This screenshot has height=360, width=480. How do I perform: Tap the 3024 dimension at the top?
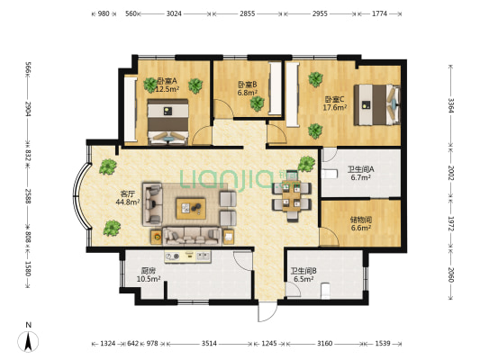174,13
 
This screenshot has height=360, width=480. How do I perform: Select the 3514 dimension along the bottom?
209,344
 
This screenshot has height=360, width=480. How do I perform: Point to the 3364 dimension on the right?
450,105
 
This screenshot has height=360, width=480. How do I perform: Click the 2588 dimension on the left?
28,196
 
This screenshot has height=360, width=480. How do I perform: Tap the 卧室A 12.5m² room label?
168,85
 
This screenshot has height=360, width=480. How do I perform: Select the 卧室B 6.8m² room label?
248,88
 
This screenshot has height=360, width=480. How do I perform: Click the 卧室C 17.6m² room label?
335,103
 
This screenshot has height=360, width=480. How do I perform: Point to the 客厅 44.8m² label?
128,198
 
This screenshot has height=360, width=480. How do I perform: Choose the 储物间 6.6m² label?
361,223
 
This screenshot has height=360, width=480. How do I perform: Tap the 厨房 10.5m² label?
149,274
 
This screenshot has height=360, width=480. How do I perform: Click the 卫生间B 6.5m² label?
303,274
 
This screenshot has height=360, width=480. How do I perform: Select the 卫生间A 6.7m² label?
361,173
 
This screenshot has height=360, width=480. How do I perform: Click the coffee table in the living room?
191,209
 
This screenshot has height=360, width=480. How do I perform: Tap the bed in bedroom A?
168,121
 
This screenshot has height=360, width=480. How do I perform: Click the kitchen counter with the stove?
187,256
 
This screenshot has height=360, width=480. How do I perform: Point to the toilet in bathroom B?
325,292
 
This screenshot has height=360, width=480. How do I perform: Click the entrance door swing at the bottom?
267,311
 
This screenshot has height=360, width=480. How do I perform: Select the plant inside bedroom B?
258,103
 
